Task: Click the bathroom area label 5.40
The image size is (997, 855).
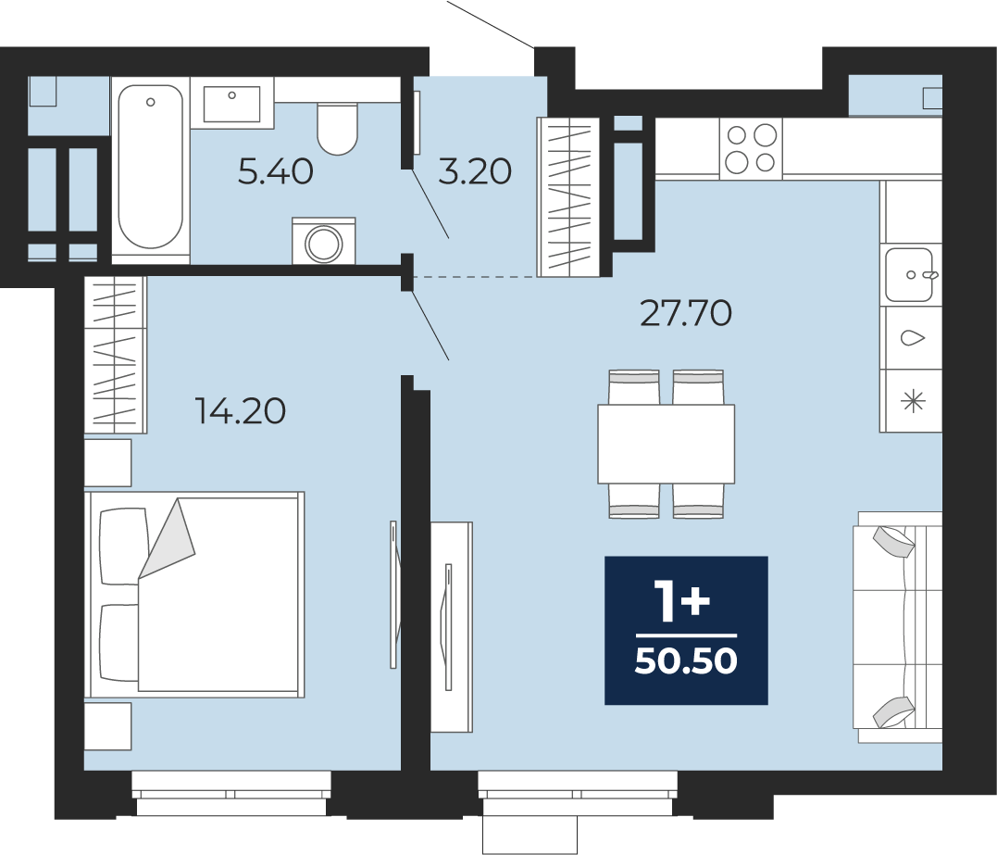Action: [275, 171]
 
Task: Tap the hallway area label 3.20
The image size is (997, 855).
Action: [475, 171]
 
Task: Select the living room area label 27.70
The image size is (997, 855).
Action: [685, 314]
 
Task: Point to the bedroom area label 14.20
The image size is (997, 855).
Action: [241, 411]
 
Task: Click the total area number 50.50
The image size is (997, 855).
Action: [686, 661]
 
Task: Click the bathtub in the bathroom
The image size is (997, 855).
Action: [151, 169]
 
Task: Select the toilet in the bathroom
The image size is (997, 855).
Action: [338, 129]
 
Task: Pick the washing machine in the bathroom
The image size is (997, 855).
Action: [324, 241]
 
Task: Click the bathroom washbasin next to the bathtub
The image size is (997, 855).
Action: [232, 104]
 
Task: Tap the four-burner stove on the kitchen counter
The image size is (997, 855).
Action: [751, 147]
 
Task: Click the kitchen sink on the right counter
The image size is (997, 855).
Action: [911, 275]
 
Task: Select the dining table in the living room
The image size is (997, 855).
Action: [666, 444]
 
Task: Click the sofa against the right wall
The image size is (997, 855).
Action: [899, 626]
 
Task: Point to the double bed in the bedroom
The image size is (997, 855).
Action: [197, 594]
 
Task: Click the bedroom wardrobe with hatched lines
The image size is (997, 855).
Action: [116, 355]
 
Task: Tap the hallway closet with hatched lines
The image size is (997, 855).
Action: [568, 197]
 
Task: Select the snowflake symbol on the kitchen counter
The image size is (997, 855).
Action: [914, 401]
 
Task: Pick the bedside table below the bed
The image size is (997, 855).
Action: [108, 726]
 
